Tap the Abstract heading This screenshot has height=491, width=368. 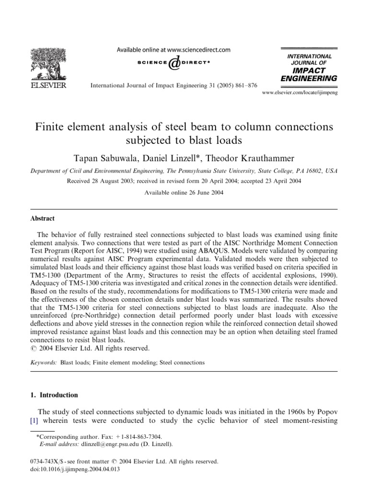44,218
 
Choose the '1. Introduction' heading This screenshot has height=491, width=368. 57,395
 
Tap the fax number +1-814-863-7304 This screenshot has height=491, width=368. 139,437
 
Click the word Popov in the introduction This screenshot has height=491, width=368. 322,412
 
